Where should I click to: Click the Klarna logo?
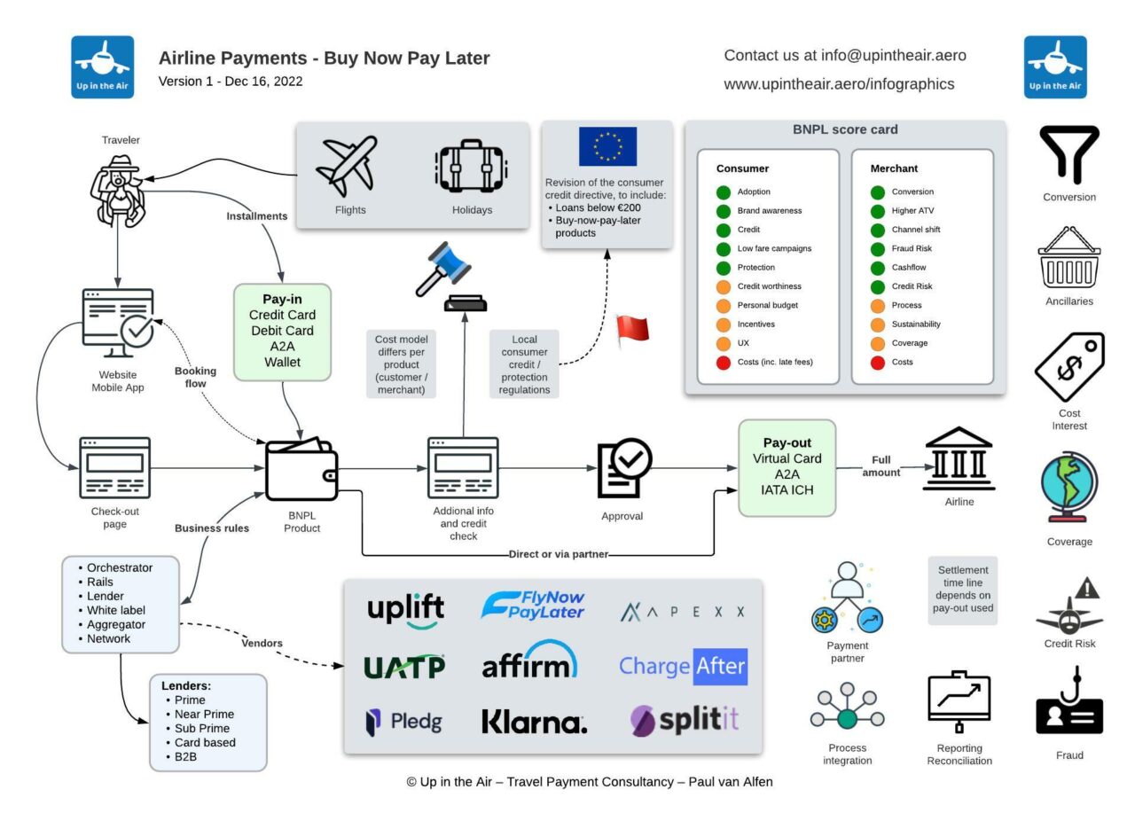534,722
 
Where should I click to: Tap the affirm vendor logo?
529,662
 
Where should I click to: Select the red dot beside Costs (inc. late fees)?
724,362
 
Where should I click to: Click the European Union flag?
607,146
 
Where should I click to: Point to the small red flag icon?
633,330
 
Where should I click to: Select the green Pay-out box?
787,467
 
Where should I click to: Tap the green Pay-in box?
282,332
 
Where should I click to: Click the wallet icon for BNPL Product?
301,470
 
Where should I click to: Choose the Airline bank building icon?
959,458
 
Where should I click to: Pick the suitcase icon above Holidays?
471,168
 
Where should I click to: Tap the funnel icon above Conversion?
1068,154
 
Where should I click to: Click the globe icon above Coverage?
1068,488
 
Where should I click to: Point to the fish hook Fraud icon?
1069,705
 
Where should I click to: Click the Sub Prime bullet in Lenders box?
201,728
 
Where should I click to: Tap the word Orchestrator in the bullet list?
120,567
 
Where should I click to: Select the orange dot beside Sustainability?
878,324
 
